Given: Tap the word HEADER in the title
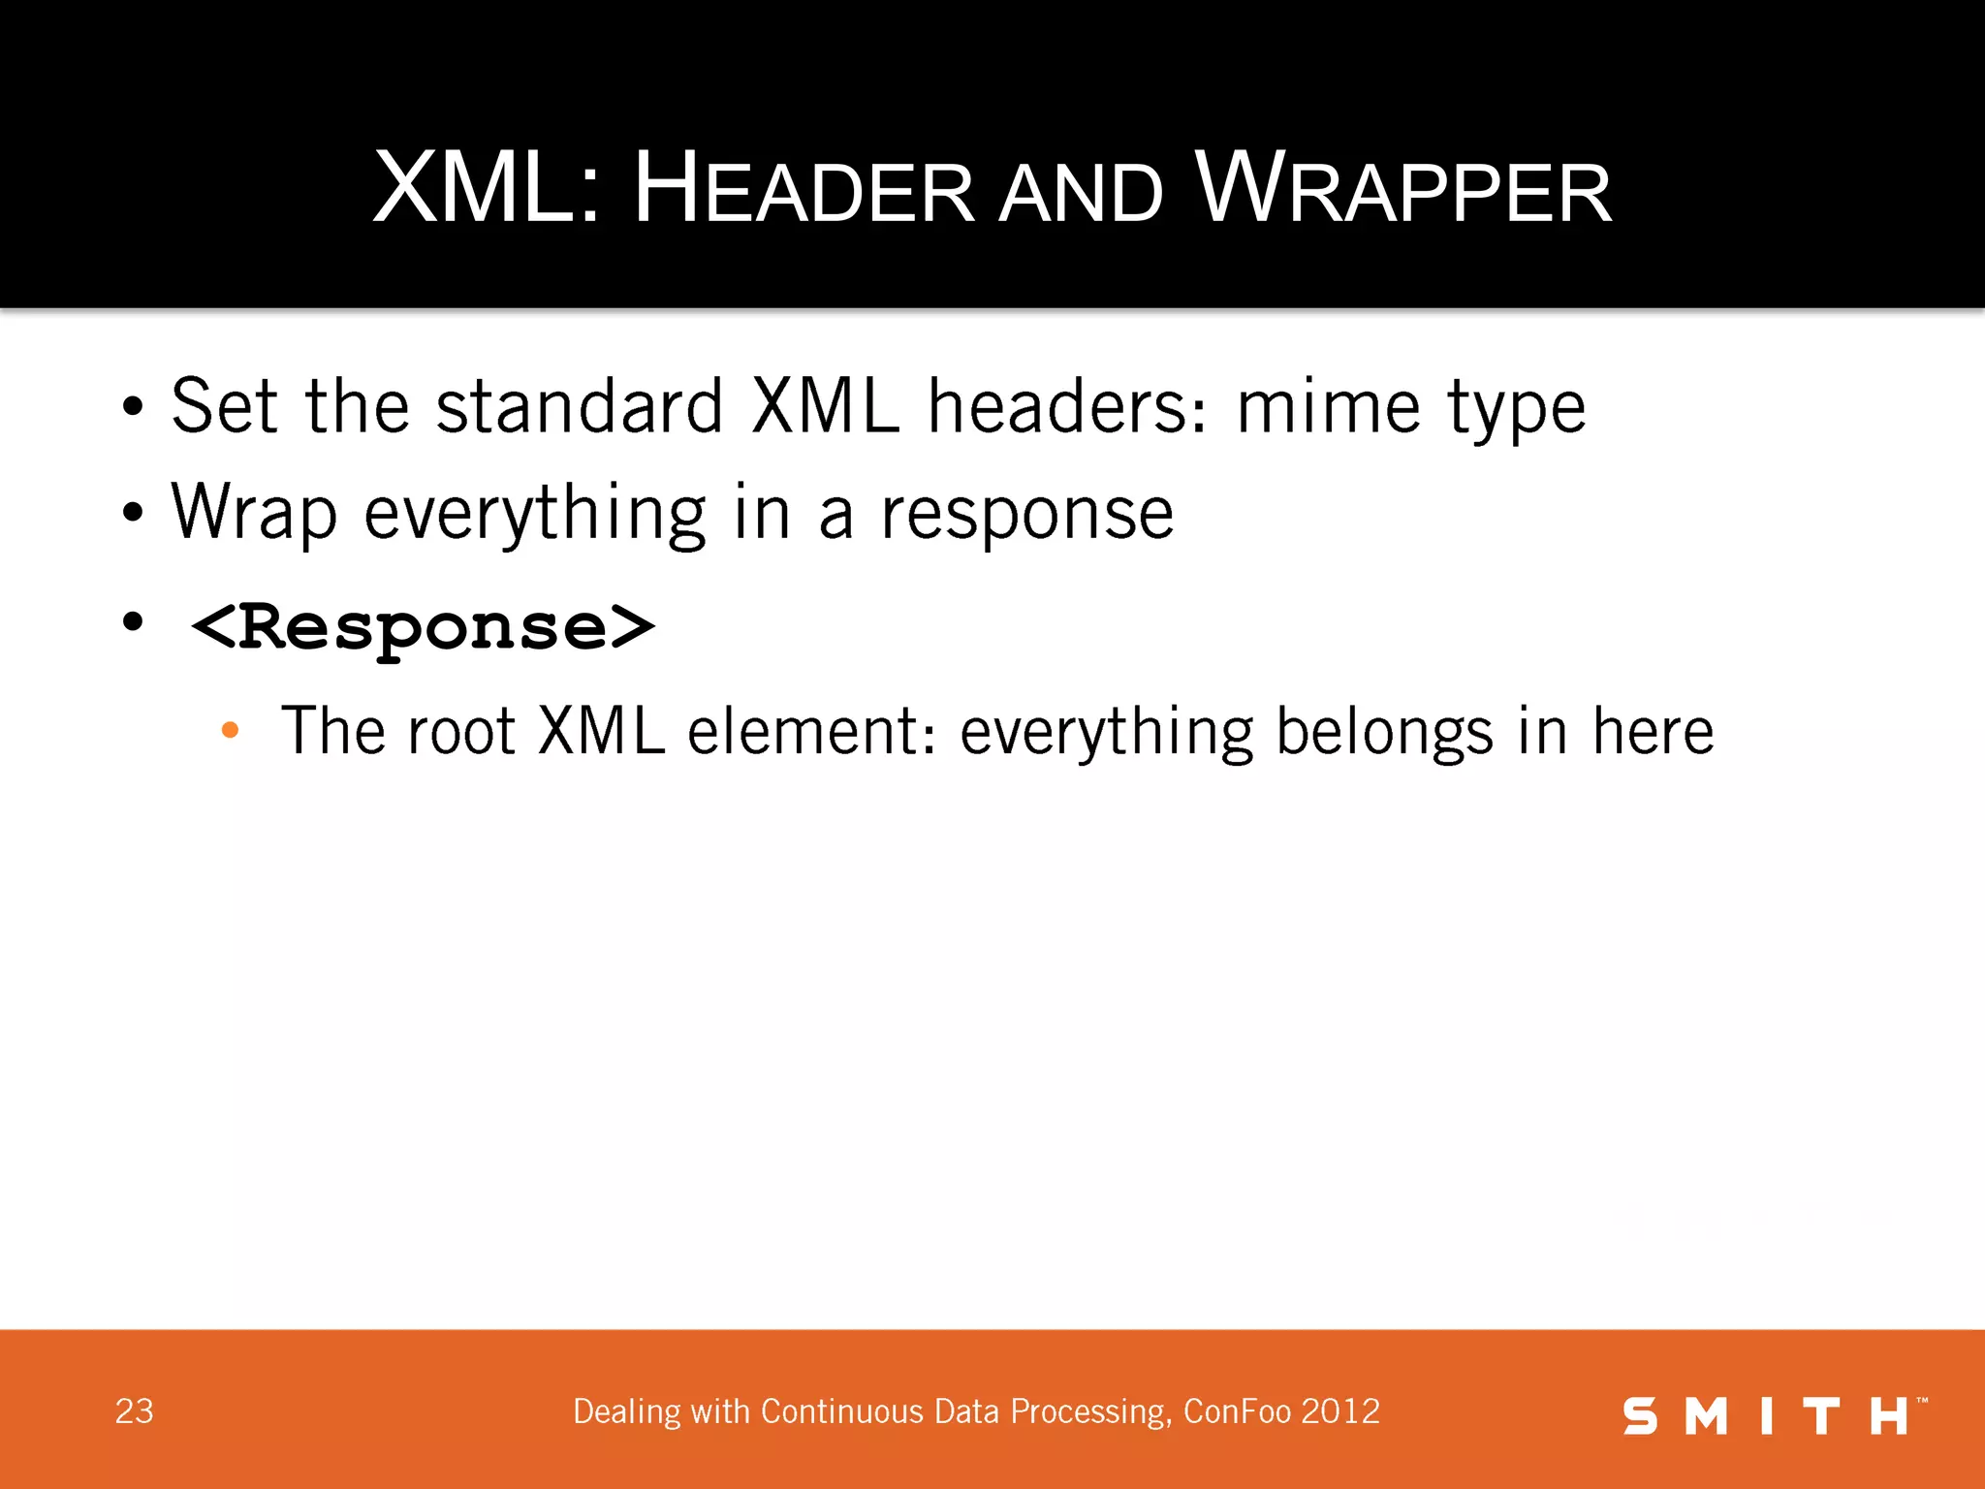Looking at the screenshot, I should tap(803, 190).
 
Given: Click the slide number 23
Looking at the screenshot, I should tap(134, 1411).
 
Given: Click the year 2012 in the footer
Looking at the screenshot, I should tap(1340, 1411).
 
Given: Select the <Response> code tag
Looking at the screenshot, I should tap(423, 627).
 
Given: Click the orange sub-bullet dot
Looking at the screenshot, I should tap(230, 731).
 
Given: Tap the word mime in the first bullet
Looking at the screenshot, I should tap(1329, 407).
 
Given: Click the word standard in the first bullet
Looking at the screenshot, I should tap(580, 407).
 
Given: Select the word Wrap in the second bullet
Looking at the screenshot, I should tap(254, 514).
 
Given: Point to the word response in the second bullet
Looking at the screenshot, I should tap(1026, 514).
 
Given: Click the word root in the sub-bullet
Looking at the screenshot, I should tap(460, 731).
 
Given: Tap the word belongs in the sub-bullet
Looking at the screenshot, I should tap(1384, 733).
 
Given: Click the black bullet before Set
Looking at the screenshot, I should tap(133, 407).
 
